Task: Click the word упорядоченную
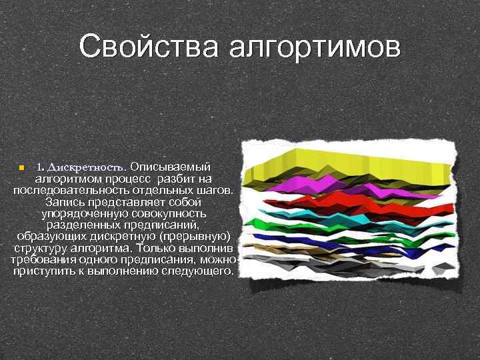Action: point(83,214)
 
